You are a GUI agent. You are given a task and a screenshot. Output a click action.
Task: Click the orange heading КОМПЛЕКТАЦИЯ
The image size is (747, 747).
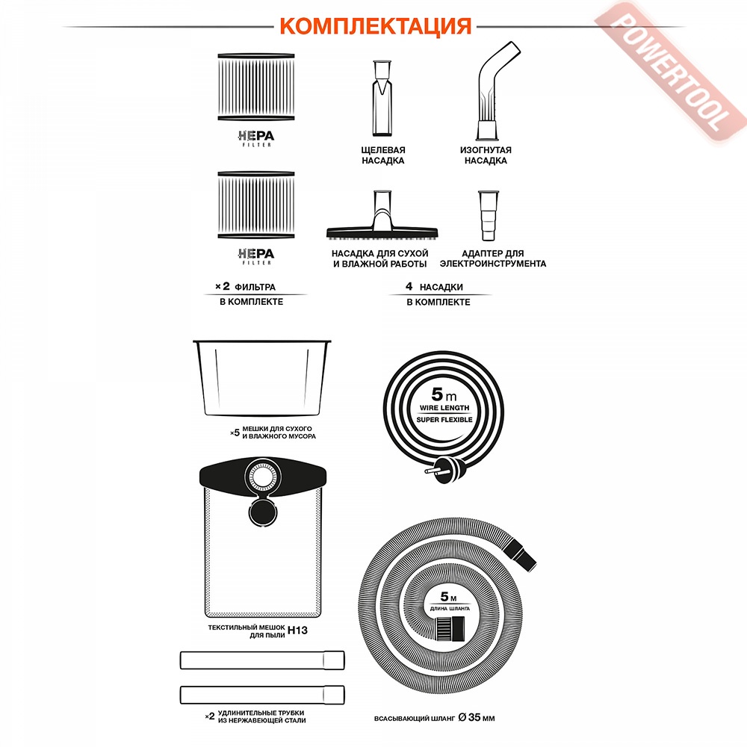[x=376, y=26]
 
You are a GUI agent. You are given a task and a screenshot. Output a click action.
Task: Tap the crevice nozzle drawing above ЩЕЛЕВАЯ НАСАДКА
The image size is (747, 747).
[x=382, y=98]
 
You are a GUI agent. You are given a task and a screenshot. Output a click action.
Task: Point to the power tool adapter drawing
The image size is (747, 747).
[x=489, y=216]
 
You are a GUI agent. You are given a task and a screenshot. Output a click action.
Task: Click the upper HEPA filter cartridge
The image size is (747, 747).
[x=256, y=87]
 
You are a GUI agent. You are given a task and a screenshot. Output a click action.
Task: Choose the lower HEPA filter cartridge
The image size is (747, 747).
[x=256, y=205]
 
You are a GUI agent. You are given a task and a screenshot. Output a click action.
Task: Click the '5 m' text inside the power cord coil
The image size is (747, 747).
[x=444, y=394]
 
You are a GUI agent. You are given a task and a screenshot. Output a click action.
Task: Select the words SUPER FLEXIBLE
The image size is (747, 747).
[x=444, y=420]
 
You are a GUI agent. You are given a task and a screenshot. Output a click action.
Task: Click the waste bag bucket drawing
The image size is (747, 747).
[x=261, y=378]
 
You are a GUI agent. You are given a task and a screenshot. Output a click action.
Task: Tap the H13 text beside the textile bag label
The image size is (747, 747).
[x=298, y=630]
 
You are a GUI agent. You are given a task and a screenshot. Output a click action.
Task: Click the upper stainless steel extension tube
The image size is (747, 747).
[x=262, y=660]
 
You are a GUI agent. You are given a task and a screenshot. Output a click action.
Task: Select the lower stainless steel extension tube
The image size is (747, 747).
[x=262, y=695]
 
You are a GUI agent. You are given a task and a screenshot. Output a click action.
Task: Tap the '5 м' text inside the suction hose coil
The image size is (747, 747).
[x=448, y=597]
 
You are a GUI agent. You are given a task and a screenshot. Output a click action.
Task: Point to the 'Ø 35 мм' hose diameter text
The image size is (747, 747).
[x=477, y=717]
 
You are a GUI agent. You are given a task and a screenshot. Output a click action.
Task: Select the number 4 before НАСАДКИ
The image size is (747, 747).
[x=409, y=286]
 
